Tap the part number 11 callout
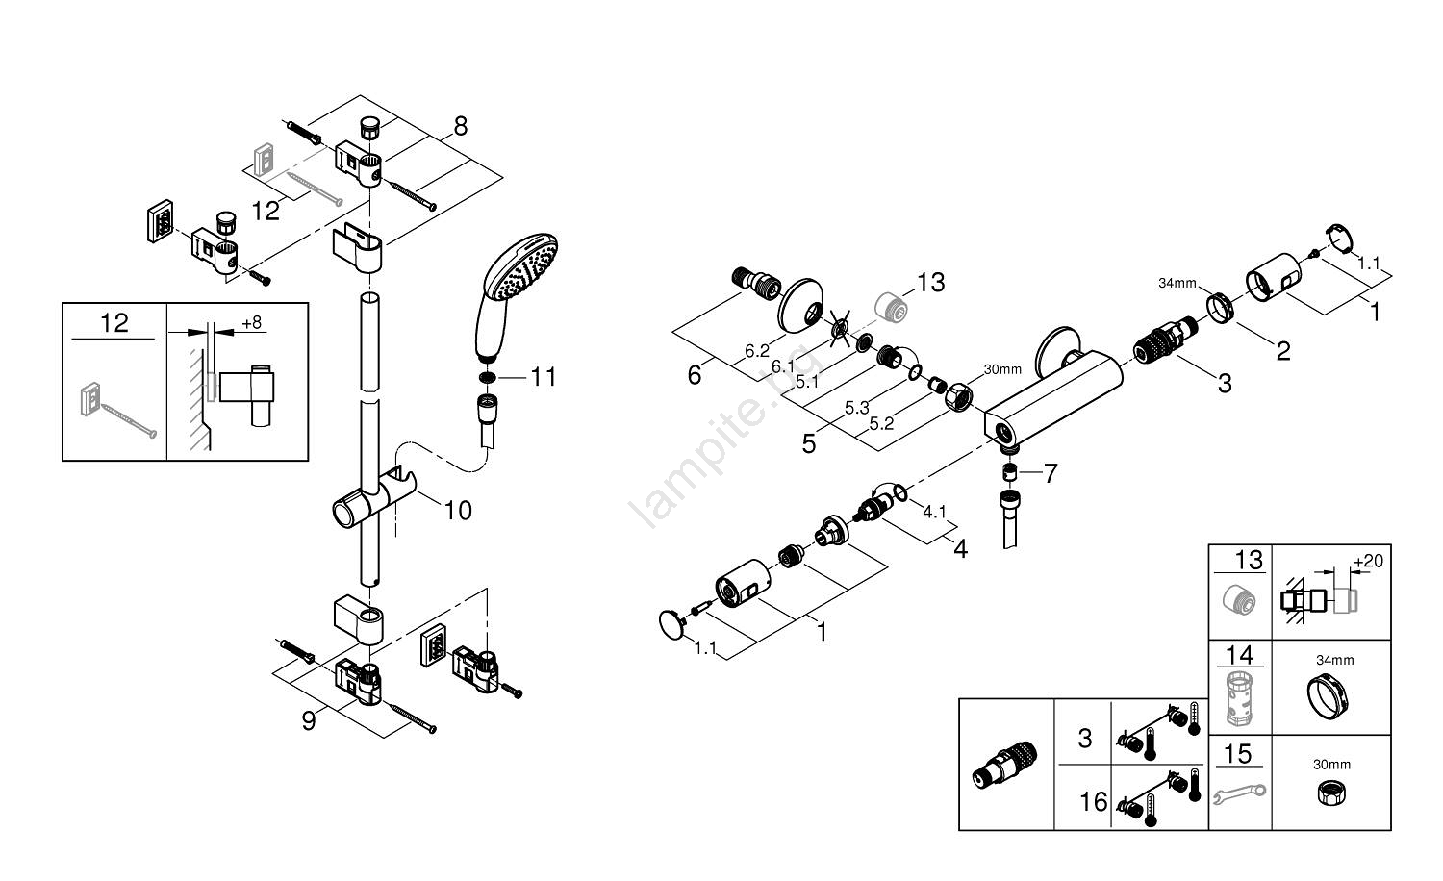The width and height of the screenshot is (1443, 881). tap(544, 376)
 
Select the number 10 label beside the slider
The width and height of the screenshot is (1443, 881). tap(458, 510)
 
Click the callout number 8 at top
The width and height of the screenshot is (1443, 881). tap(460, 125)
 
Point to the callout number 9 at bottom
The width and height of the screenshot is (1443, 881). tap(309, 721)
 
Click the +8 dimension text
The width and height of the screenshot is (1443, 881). tap(251, 323)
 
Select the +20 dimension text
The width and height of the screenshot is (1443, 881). tap(1367, 561)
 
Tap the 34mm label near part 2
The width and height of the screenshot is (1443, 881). tap(1177, 283)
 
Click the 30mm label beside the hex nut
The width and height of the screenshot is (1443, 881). tap(1001, 369)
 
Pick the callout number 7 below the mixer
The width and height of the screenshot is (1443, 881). tap(1050, 473)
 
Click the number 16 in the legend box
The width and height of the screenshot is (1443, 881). tap(1094, 801)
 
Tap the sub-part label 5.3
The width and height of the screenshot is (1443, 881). tap(857, 408)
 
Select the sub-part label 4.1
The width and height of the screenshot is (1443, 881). tap(935, 512)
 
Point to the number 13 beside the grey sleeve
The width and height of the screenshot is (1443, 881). tap(930, 283)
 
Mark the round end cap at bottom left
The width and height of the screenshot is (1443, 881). tap(671, 623)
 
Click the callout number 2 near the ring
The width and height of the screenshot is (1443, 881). tap(1283, 351)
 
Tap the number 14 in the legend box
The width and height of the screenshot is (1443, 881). tap(1240, 656)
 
